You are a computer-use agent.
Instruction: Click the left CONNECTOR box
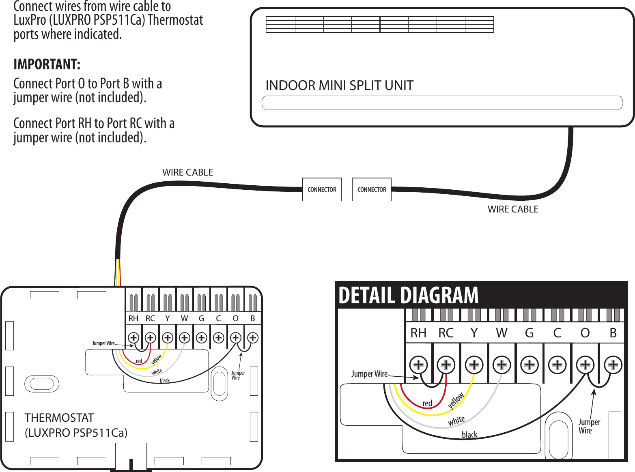point(322,189)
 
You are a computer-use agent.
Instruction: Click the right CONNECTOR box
point(372,189)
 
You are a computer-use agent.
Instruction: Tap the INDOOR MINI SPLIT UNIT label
point(339,86)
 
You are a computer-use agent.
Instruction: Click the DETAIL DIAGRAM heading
point(408,295)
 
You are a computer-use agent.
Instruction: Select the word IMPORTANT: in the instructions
point(47,64)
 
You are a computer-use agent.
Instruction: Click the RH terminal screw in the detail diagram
point(418,365)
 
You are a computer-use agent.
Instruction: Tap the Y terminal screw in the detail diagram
point(474,365)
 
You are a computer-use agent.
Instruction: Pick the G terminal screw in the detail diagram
point(530,365)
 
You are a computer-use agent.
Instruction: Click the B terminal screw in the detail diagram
point(613,365)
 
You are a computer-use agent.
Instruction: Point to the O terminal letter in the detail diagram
point(585,333)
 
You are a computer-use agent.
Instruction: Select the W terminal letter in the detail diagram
point(502,333)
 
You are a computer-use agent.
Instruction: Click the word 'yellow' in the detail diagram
point(456,401)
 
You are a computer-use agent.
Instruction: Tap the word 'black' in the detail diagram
point(469,435)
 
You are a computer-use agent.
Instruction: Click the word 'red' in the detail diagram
point(427,403)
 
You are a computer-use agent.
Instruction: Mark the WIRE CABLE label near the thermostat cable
point(187,172)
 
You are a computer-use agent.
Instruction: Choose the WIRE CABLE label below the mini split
point(513,209)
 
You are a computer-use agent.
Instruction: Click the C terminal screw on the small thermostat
point(219,337)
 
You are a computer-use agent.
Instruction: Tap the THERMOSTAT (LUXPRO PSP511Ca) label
point(76,425)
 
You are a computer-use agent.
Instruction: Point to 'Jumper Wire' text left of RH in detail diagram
point(369,374)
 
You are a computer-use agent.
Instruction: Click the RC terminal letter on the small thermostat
point(150,318)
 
